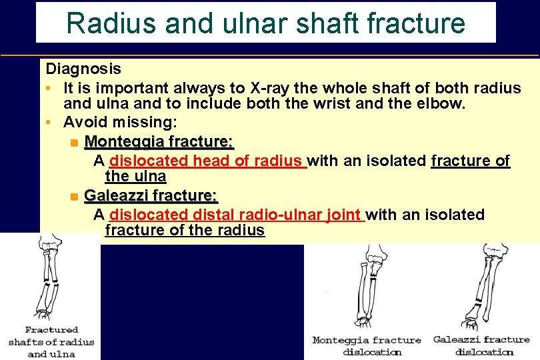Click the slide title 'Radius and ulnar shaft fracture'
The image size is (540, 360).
265,23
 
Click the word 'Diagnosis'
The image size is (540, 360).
83,69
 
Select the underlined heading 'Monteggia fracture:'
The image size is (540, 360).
159,142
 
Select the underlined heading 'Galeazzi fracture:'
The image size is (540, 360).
151,196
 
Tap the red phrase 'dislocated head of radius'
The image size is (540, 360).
207,161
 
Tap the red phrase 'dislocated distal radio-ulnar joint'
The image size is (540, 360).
236,215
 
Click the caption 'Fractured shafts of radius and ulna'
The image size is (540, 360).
51,342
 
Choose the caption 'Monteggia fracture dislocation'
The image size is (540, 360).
367,345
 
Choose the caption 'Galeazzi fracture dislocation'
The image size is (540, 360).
481,345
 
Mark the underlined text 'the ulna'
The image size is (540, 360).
135,177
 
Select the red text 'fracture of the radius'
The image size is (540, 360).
185,231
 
